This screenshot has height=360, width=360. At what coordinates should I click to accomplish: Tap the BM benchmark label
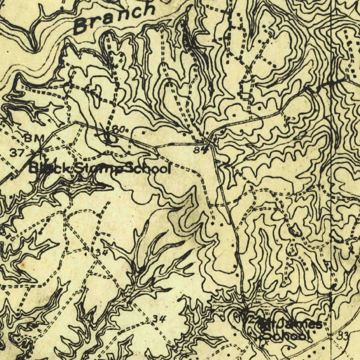(x=34, y=138)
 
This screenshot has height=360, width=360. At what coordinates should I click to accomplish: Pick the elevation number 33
(x=343, y=336)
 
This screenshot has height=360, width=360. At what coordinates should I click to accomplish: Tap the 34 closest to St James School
(x=159, y=319)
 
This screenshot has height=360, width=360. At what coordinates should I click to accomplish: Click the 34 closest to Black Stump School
(x=101, y=252)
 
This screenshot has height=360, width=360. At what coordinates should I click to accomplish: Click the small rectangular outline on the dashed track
(x=245, y=95)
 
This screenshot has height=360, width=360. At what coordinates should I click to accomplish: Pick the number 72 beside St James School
(x=249, y=321)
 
